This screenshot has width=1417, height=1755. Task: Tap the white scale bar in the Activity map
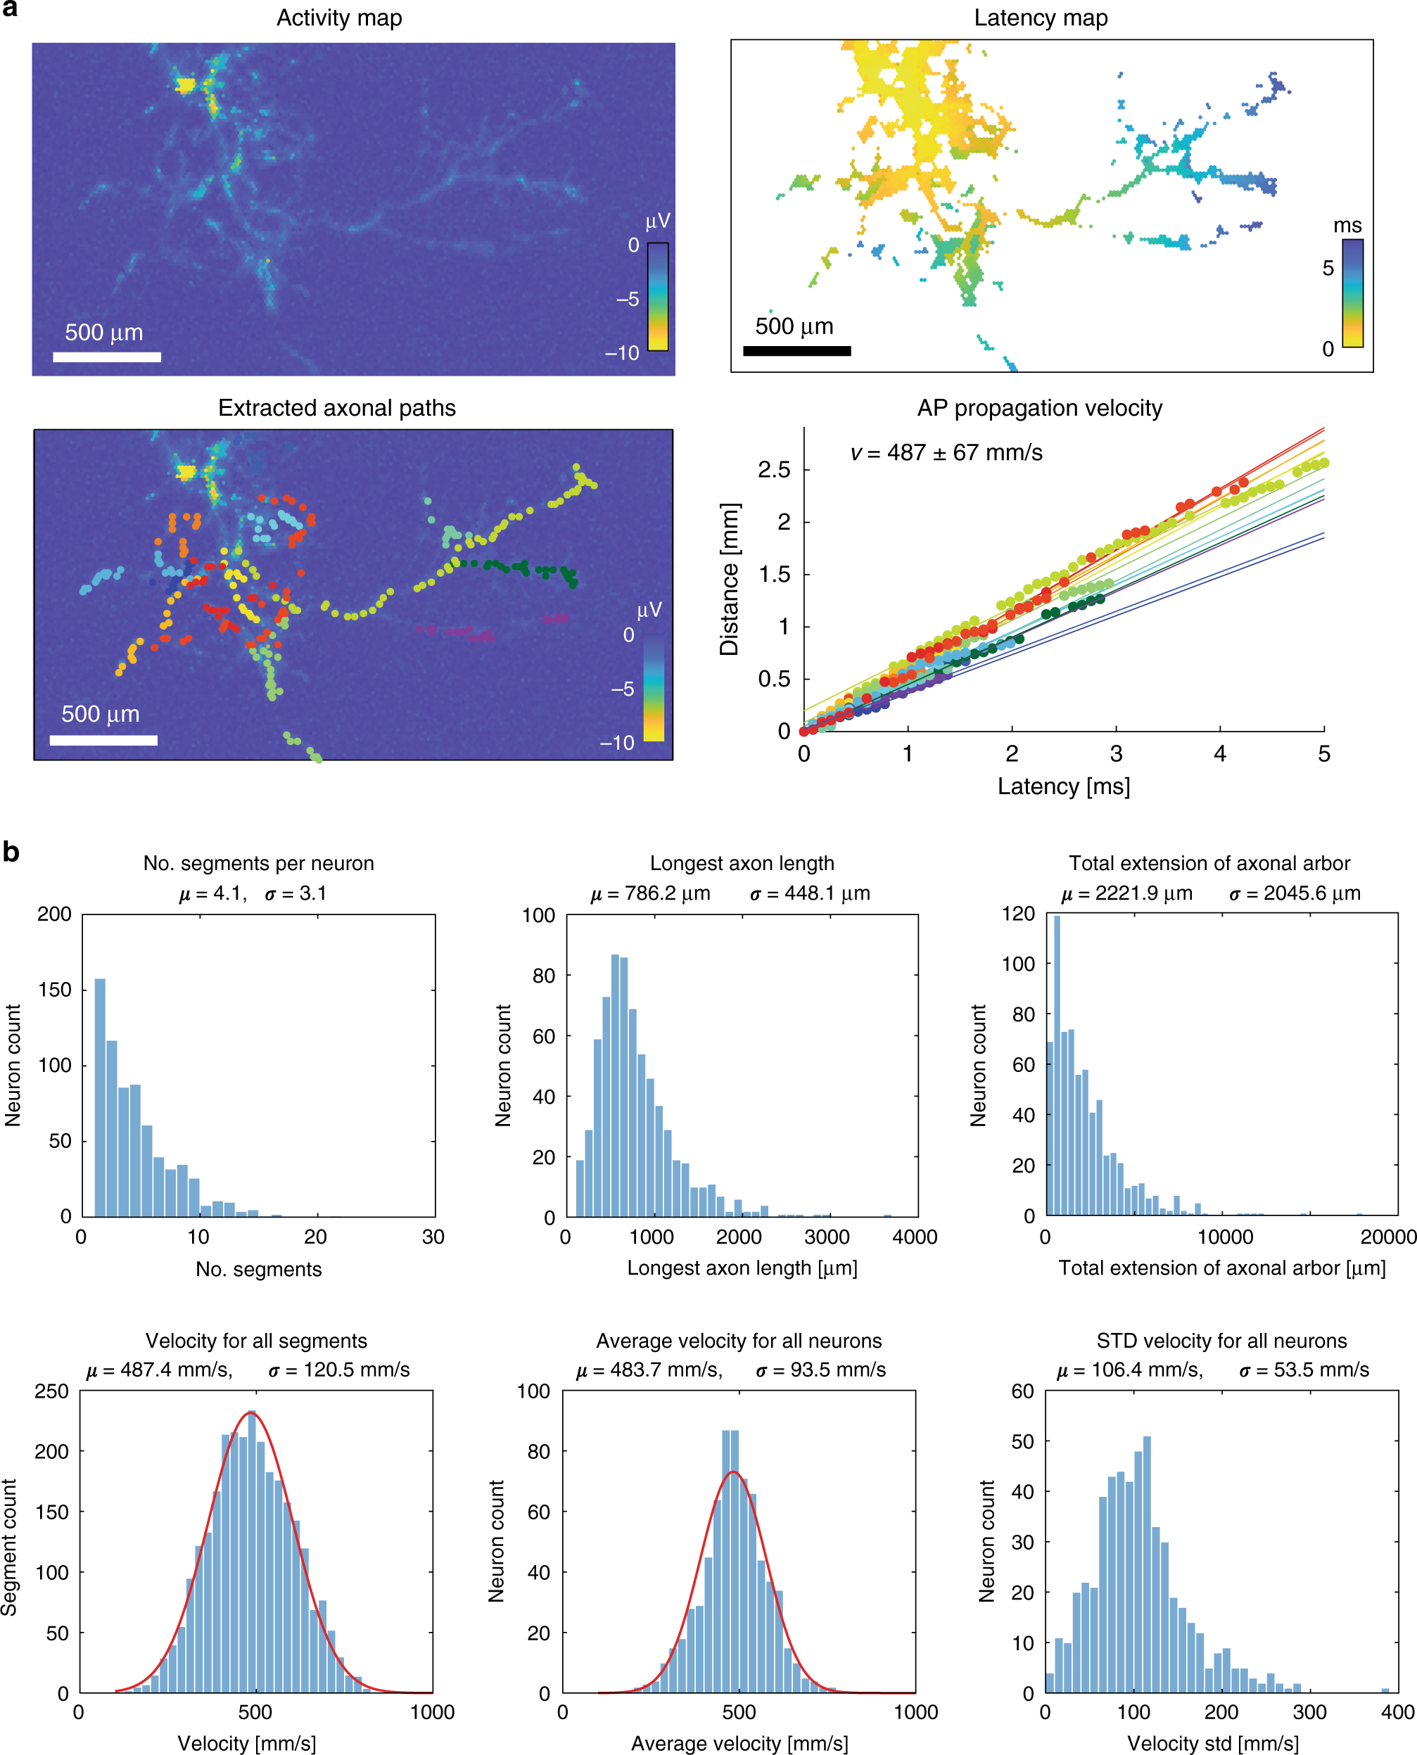pos(107,357)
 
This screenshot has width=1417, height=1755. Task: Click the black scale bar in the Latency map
pos(796,351)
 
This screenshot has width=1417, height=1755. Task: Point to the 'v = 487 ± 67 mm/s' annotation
pos(946,453)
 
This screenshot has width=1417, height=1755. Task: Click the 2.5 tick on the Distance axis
pos(774,470)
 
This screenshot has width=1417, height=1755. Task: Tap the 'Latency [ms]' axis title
pos(1064,786)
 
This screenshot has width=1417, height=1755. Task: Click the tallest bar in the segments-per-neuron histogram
pos(101,1097)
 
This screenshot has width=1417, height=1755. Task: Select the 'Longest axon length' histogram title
pos(742,863)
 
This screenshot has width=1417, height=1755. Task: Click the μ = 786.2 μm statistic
pos(651,893)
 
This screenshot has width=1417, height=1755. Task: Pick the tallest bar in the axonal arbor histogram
pos(1057,1065)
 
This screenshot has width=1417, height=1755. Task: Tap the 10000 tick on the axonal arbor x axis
pos(1224,1237)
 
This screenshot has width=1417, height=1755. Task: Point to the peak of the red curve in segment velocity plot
pos(252,1412)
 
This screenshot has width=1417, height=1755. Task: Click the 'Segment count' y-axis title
pos(10,1547)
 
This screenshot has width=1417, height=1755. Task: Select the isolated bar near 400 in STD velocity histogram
pos(1385,1690)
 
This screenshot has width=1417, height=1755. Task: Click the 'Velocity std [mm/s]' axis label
pos(1212,1744)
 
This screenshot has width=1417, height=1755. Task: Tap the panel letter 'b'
pos(11,853)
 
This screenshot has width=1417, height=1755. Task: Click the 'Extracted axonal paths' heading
pos(336,408)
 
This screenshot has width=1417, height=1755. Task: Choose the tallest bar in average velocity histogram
pos(730,1561)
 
